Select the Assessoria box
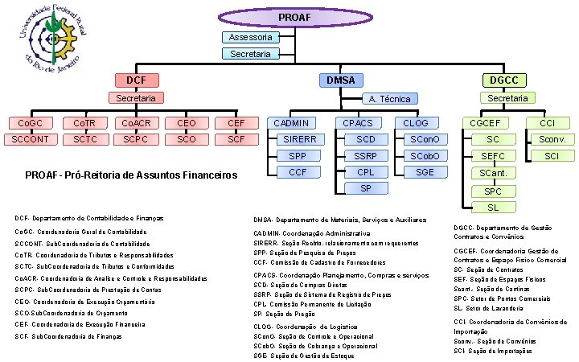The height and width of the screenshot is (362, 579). point(250,38)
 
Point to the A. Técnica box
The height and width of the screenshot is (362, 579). point(388,99)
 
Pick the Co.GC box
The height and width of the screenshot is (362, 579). point(31,123)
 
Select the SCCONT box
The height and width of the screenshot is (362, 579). point(31,139)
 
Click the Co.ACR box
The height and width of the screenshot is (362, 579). point(136,123)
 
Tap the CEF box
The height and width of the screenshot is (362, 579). point(236,123)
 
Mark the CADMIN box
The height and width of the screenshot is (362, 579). point(290,123)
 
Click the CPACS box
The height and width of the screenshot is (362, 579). point(358,123)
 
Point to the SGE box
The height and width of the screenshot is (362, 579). point(425,172)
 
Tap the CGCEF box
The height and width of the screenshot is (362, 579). point(488,123)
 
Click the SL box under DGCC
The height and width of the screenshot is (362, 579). point(493,208)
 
